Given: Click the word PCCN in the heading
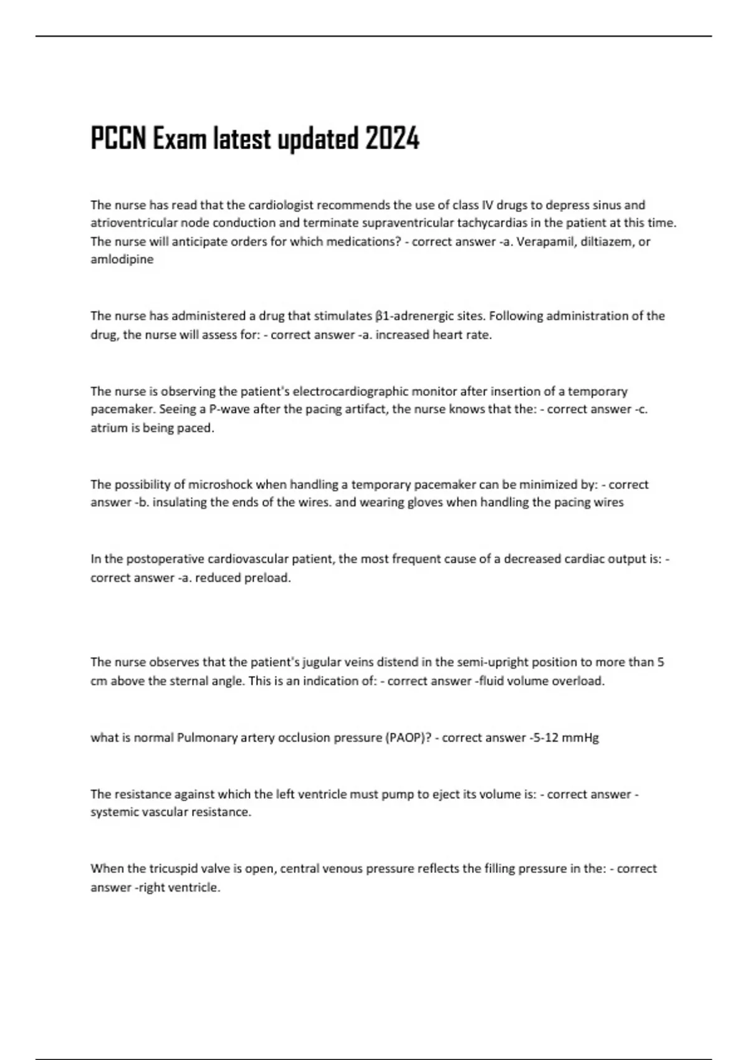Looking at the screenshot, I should (119, 138).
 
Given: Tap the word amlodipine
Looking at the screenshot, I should (122, 259).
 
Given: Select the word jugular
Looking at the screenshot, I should (321, 662).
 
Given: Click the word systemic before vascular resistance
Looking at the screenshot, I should (114, 812).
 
